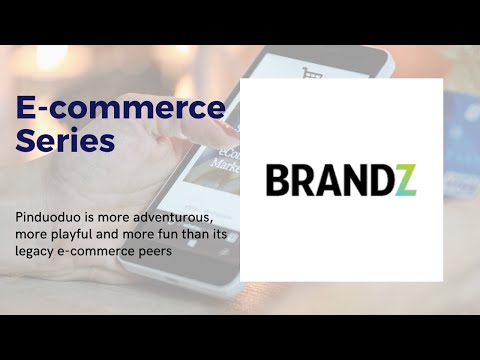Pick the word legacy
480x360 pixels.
click(37, 250)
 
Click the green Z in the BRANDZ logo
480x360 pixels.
click(405, 180)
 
